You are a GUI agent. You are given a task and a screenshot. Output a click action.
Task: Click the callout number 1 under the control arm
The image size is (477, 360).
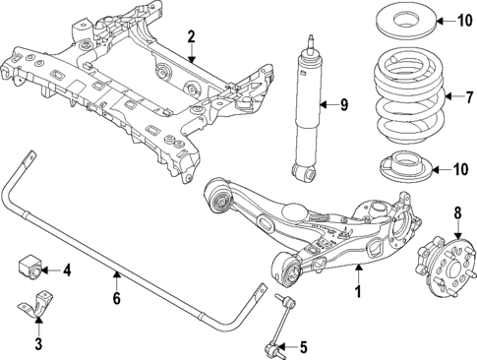[x=359, y=292]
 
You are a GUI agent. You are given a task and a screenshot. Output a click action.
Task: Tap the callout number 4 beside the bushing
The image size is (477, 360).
[x=67, y=270]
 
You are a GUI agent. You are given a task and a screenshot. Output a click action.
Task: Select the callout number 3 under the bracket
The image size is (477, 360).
[x=38, y=343]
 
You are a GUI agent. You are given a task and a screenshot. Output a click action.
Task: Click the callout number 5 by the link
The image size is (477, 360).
[x=302, y=345]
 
